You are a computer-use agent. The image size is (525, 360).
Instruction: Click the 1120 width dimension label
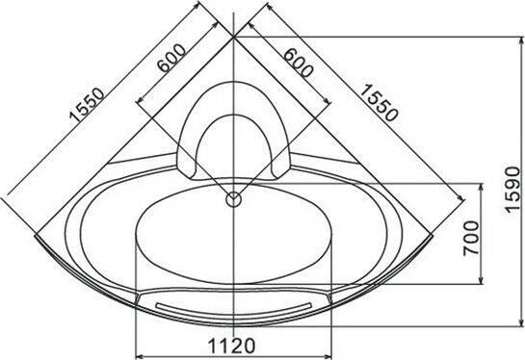[232, 346]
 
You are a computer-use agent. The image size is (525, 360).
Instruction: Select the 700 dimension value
[471, 238]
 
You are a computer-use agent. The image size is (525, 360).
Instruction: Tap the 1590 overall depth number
[513, 190]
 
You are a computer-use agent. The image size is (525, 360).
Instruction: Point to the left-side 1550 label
[87, 104]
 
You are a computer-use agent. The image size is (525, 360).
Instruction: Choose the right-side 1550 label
[379, 102]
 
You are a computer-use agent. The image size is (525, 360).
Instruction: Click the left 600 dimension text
[171, 58]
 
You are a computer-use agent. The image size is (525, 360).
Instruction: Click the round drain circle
[233, 199]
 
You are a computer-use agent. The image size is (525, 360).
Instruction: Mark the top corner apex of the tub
[234, 38]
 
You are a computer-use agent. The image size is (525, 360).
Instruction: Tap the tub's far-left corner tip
[35, 236]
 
